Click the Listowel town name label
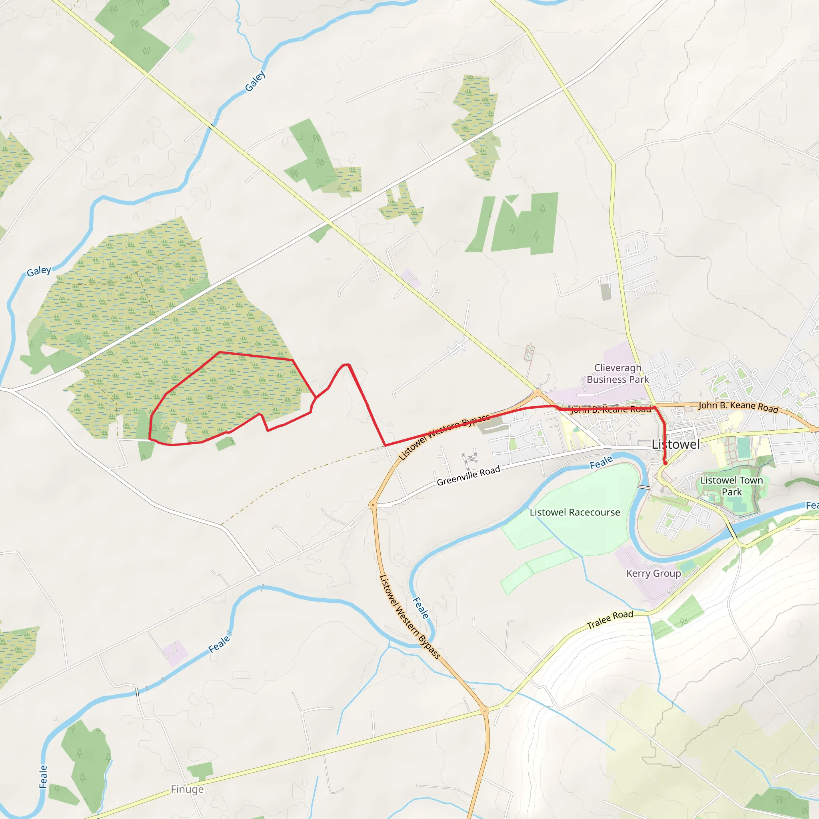click(676, 444)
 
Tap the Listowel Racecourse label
click(574, 512)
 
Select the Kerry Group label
click(653, 573)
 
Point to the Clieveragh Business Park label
click(617, 374)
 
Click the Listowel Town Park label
click(731, 486)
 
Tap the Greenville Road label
click(468, 475)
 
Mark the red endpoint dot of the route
click(665, 463)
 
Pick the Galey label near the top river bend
click(255, 81)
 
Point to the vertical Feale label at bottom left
click(43, 776)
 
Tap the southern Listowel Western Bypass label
click(409, 616)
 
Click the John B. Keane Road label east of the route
click(739, 407)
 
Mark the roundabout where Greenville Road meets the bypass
click(373, 505)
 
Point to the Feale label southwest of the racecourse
click(421, 607)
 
